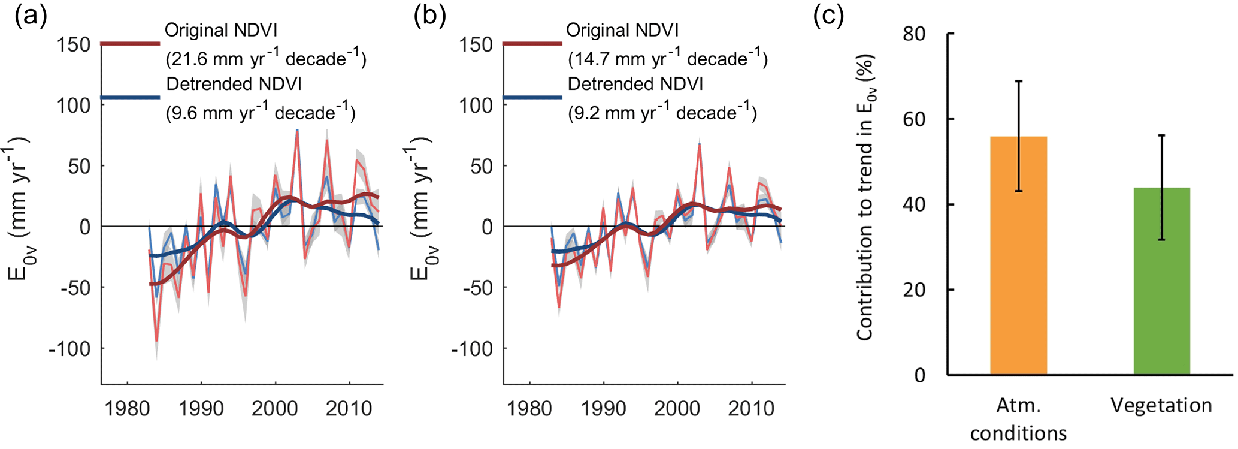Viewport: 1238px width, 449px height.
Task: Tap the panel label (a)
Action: [x=31, y=16]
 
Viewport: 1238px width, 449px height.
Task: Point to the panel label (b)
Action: [x=429, y=16]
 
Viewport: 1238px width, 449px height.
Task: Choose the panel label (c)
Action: [x=828, y=16]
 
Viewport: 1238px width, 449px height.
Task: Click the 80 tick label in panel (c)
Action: [x=914, y=34]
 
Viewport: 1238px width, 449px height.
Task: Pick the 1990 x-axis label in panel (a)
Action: [x=201, y=409]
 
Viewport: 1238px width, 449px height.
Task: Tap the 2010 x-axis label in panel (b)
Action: [x=751, y=409]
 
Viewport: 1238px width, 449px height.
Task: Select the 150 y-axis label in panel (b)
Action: [x=476, y=44]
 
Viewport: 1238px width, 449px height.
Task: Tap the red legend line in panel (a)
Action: [x=130, y=44]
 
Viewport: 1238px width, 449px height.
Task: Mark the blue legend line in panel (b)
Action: [x=532, y=97]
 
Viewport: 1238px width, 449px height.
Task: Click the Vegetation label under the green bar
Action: [x=1161, y=406]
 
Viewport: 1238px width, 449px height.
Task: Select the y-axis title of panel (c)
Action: [x=865, y=198]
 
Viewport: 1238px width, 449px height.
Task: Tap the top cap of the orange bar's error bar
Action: [x=1018, y=81]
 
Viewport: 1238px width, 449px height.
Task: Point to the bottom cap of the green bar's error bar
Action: [x=1161, y=240]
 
